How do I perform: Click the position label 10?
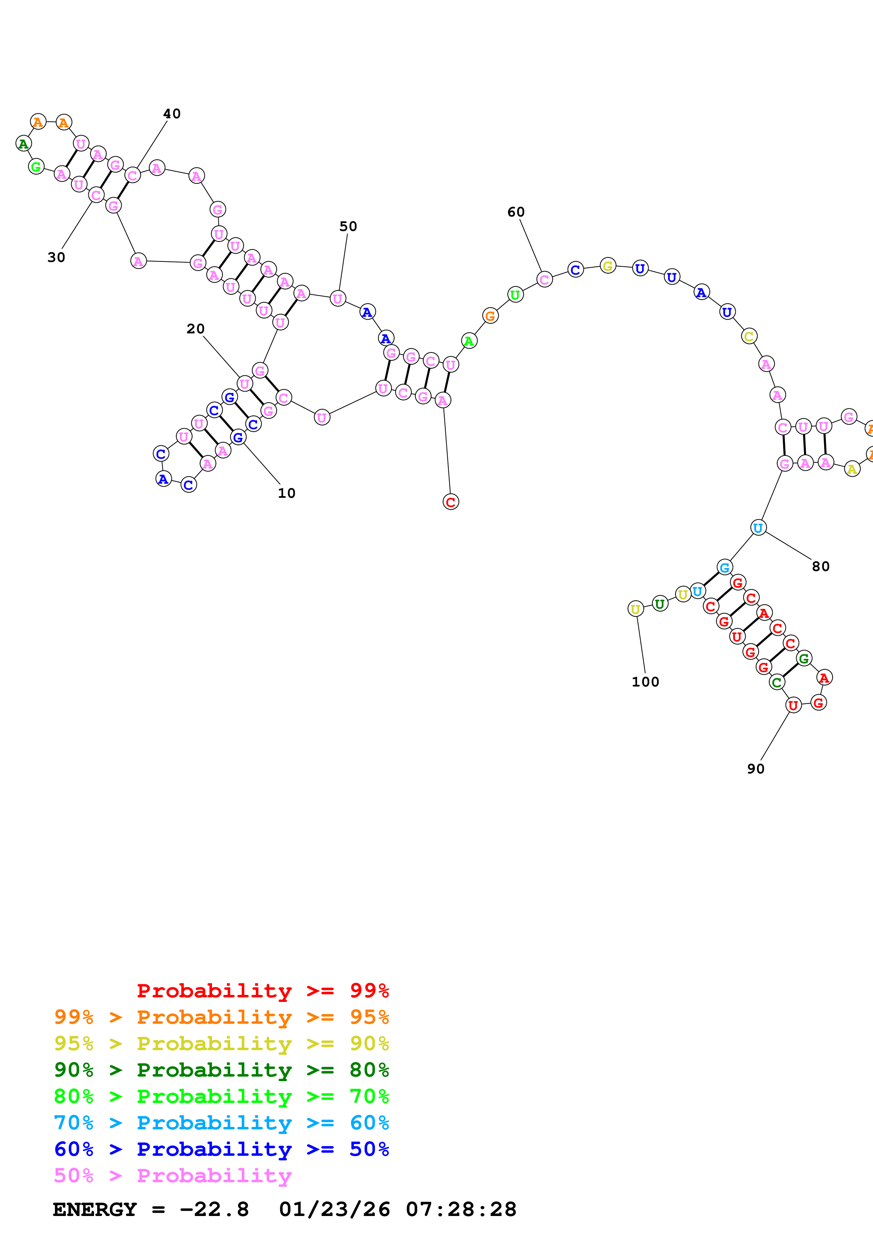pos(287,493)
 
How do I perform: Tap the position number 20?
pos(195,329)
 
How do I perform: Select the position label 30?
pos(56,257)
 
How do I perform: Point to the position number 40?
pos(172,113)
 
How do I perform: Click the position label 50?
pos(348,226)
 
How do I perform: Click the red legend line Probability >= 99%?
pos(262,990)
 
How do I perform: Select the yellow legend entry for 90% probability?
pos(221,1043)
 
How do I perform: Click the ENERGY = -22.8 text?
pos(151,1209)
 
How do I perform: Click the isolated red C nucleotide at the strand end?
pos(451,502)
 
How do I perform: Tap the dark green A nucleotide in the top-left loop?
pos(23,144)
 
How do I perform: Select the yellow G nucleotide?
pos(608,266)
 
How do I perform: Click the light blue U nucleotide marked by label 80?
pos(758,528)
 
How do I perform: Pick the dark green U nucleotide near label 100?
pos(660,604)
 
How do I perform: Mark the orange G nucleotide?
pos(490,316)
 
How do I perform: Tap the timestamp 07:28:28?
pos(461,1209)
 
